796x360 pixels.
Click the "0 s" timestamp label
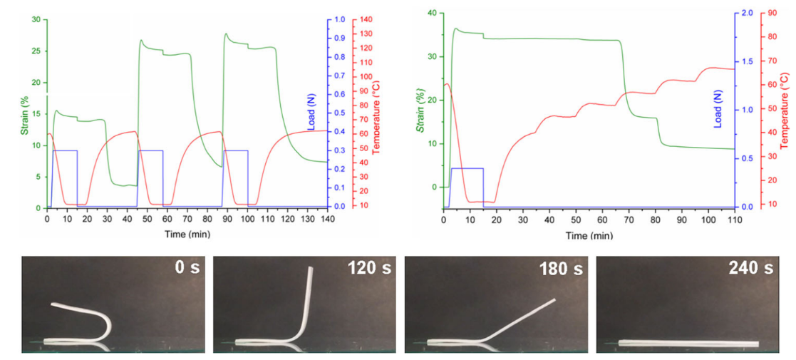click(187, 269)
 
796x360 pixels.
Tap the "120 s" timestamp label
click(368, 269)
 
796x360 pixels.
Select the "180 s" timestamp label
click(561, 269)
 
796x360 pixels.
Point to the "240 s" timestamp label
click(751, 269)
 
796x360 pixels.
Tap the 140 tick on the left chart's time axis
click(327, 219)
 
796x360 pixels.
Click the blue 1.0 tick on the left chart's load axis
click(341, 19)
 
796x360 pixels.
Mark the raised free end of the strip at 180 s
click(554, 300)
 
